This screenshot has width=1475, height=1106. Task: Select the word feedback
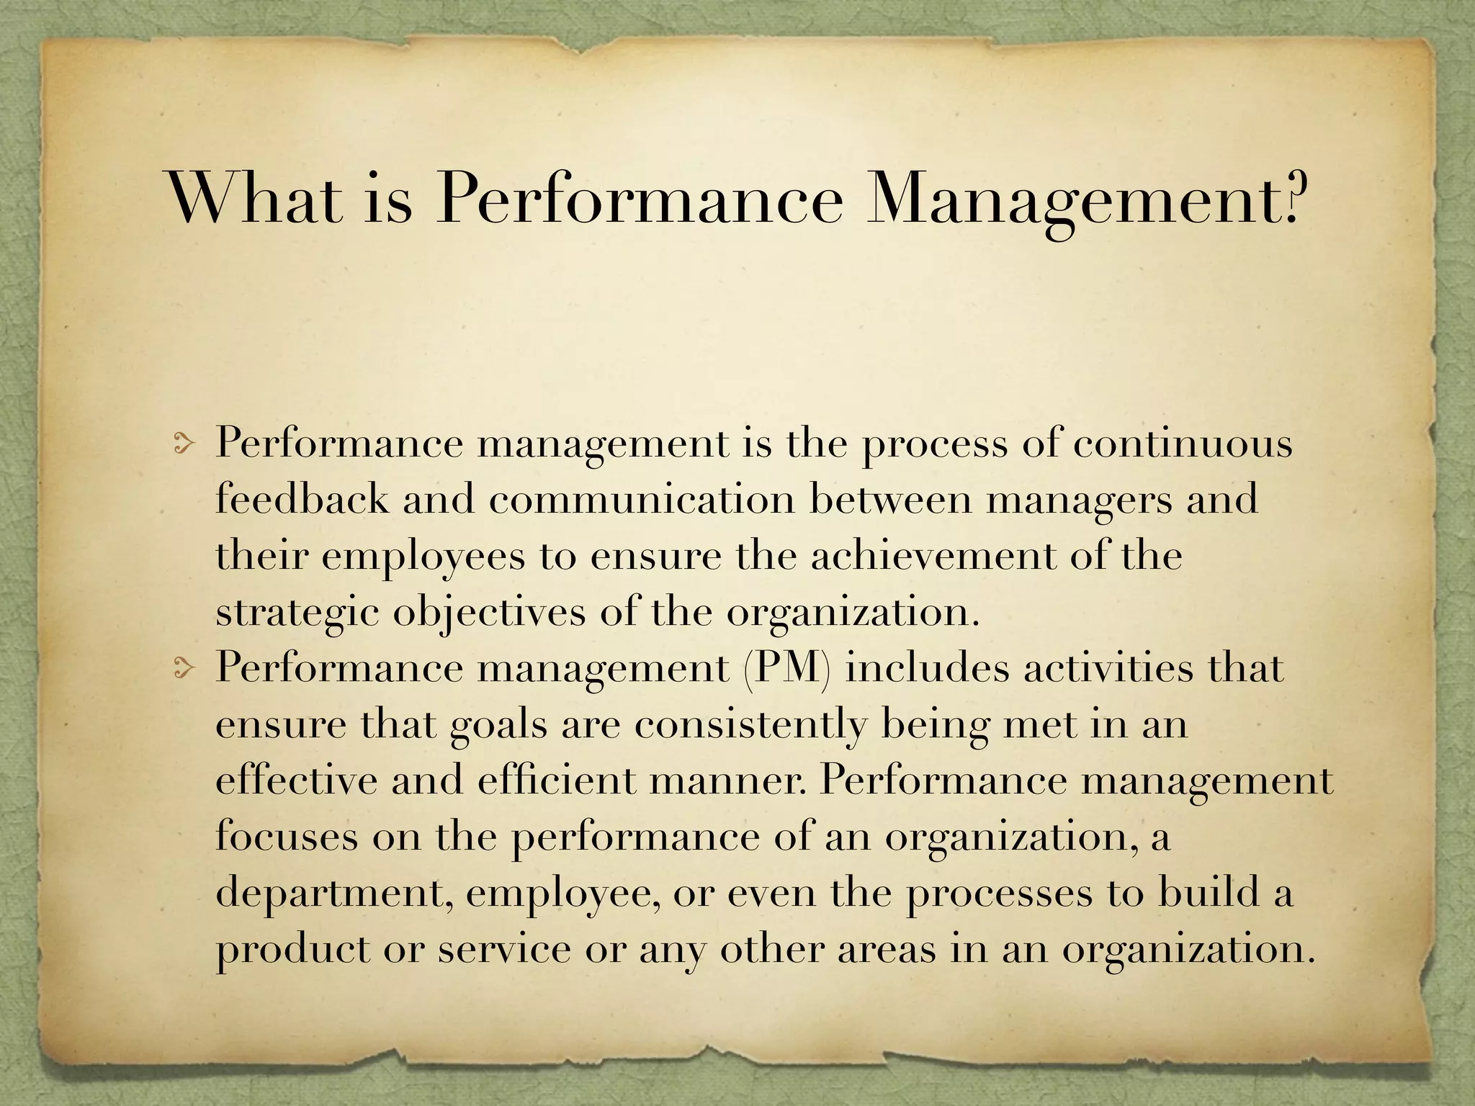coord(302,499)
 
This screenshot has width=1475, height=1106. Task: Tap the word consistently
coord(750,725)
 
